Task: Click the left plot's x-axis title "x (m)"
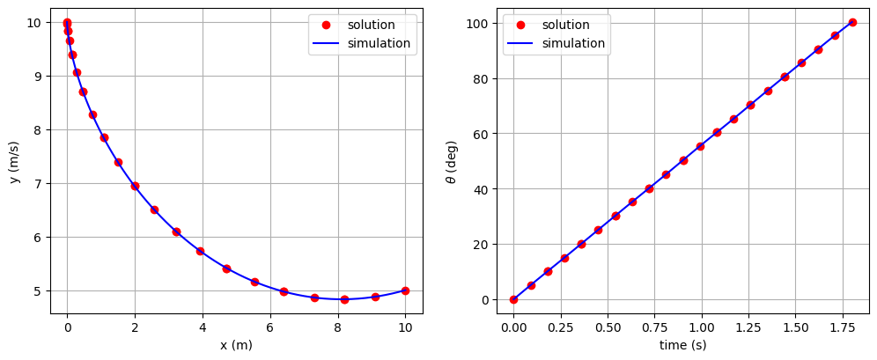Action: click(x=236, y=345)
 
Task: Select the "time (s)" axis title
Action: click(x=682, y=345)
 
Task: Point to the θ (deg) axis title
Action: click(x=452, y=161)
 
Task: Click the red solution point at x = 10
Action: click(x=405, y=290)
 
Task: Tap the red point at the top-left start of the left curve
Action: click(x=67, y=23)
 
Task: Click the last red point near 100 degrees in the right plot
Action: click(x=852, y=22)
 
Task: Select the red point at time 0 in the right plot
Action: click(x=513, y=299)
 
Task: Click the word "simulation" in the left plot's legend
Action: click(x=379, y=43)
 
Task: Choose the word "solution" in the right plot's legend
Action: click(x=566, y=25)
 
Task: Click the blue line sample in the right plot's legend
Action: click(x=520, y=43)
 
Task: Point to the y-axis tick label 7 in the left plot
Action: click(x=35, y=183)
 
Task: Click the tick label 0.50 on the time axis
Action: click(x=608, y=327)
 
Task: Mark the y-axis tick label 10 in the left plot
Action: click(x=32, y=22)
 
